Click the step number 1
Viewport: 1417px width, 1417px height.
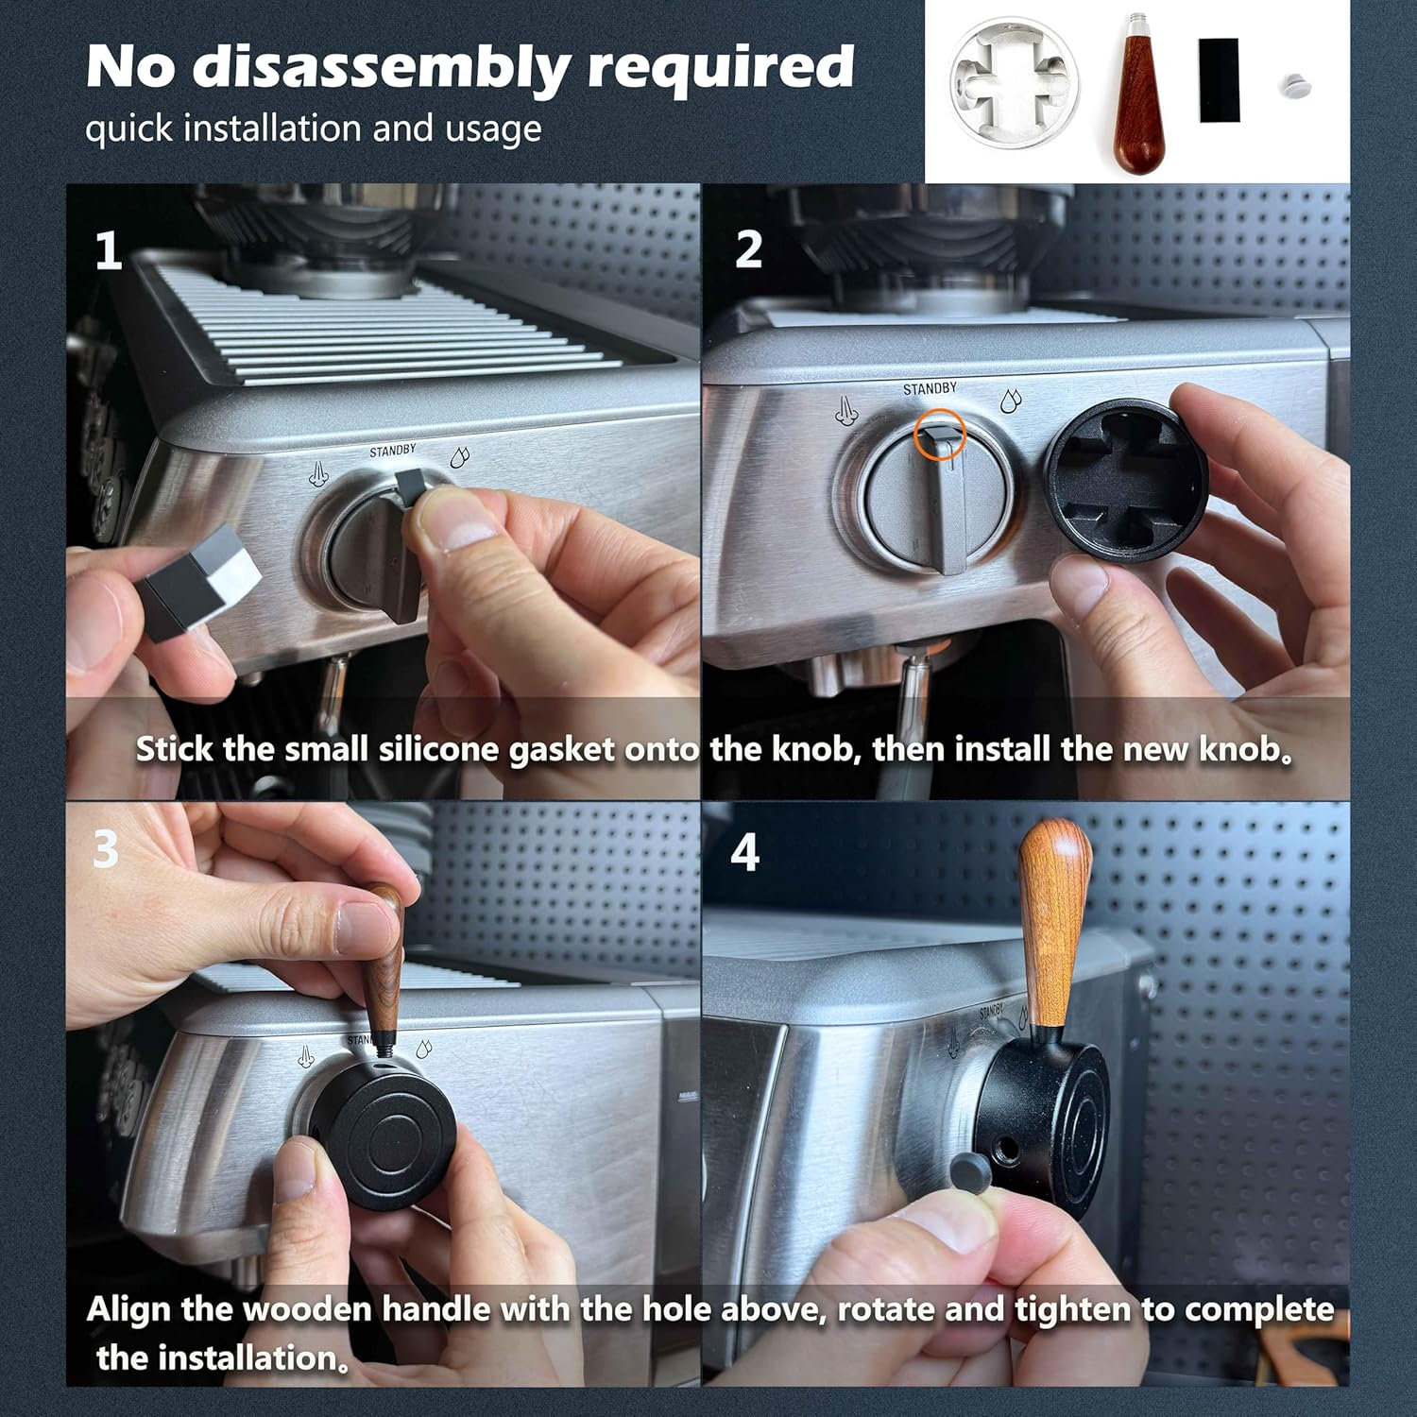(109, 251)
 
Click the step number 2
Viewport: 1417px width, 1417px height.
(748, 250)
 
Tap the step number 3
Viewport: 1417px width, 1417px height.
(105, 849)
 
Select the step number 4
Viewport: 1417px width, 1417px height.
(744, 853)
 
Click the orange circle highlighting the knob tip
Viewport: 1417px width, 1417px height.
(939, 435)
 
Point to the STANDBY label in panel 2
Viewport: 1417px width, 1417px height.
(929, 389)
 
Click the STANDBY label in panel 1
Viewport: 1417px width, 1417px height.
(392, 452)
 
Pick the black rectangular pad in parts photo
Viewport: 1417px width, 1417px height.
(1219, 80)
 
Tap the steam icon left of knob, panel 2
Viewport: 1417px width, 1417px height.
(846, 411)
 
